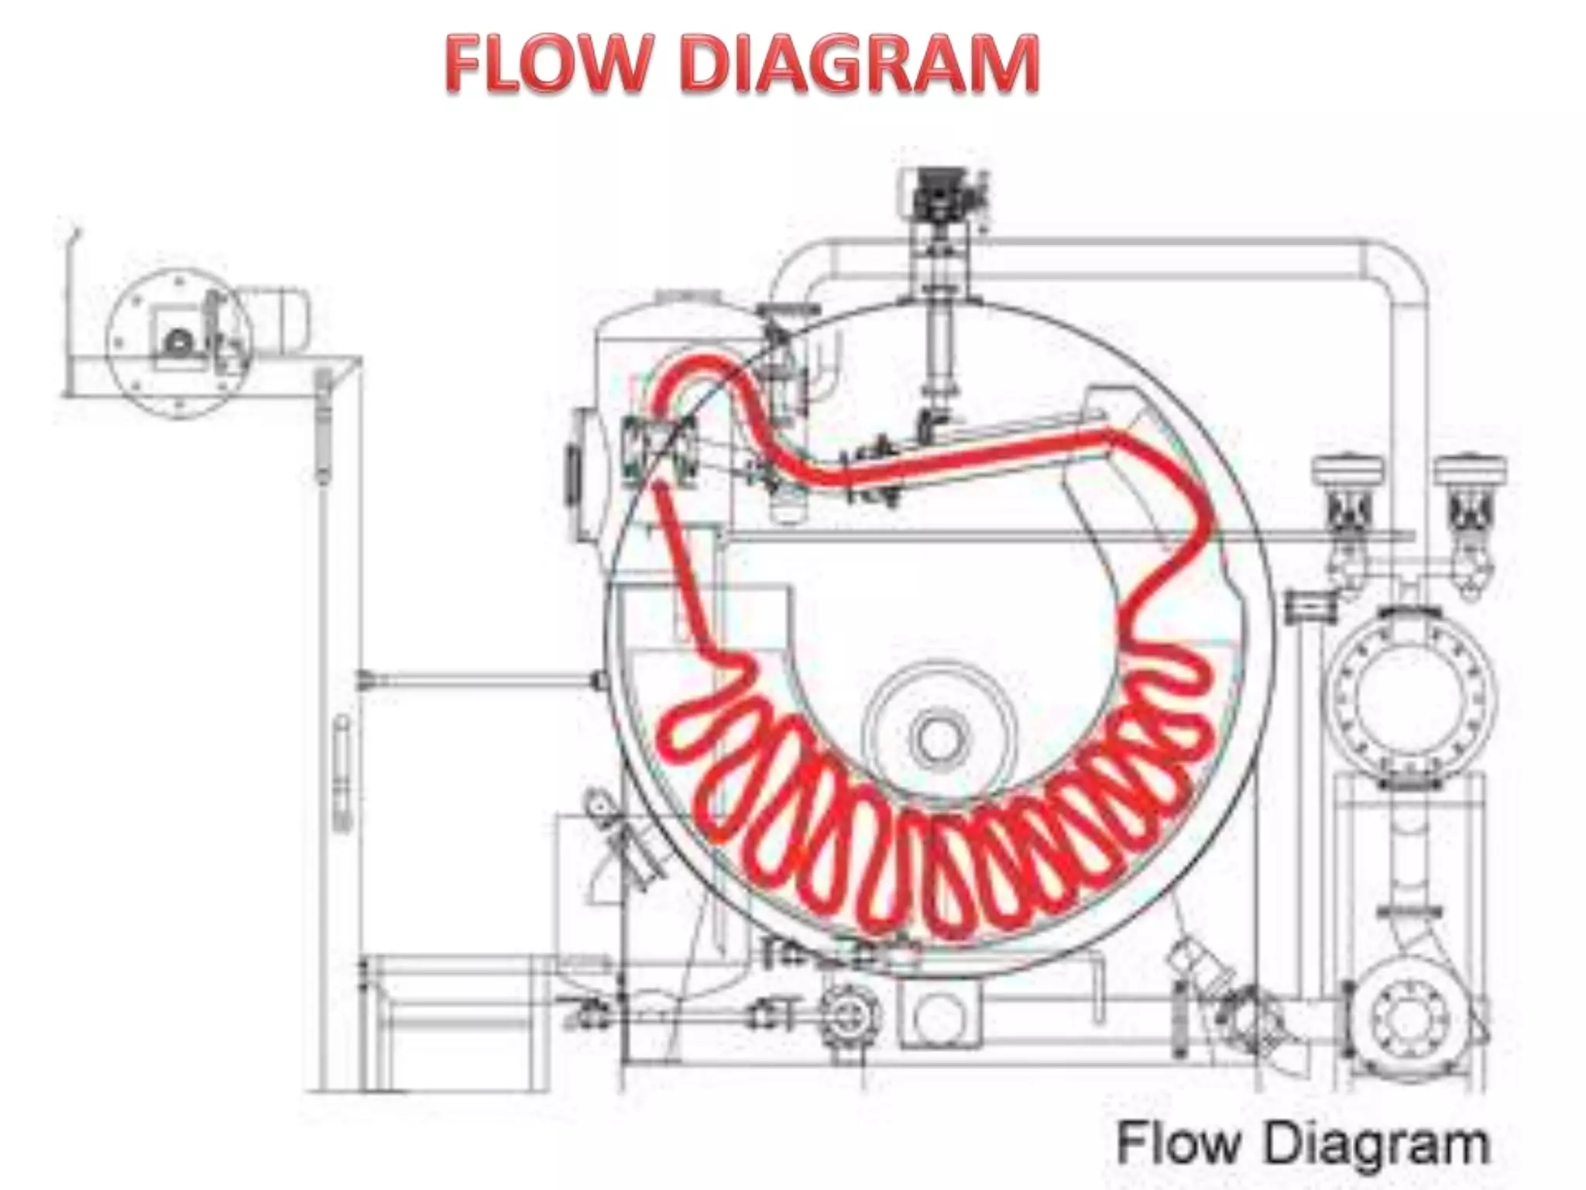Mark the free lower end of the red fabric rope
[x=660, y=488]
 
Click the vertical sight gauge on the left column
[x=341, y=775]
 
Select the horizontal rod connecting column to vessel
[x=480, y=681]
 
